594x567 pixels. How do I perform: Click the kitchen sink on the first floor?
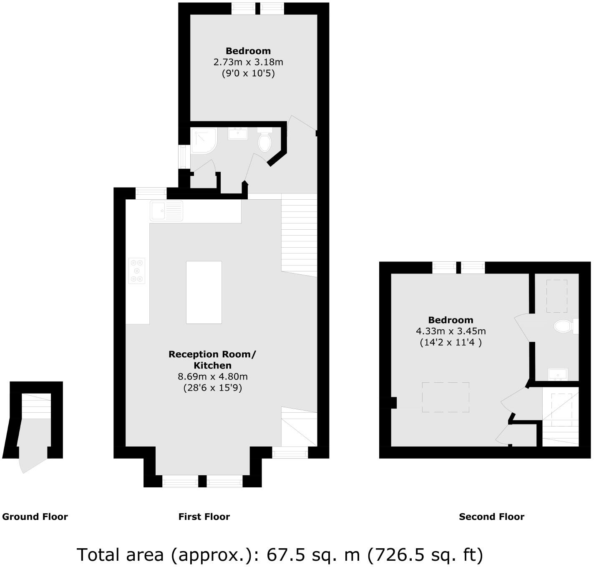point(166,211)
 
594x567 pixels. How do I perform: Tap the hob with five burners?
point(137,271)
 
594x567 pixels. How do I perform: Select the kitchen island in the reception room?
point(204,292)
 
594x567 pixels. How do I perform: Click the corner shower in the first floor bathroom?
point(204,140)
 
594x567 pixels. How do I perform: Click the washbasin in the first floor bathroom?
point(238,134)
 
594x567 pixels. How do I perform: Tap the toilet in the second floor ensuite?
point(564,326)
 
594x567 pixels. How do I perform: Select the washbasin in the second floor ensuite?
point(558,374)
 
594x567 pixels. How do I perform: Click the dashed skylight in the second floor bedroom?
point(445,397)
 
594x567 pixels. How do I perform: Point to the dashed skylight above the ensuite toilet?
point(556,296)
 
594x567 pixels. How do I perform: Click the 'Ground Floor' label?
point(35,517)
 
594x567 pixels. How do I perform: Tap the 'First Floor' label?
point(204,517)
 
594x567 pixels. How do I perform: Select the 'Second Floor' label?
point(491,517)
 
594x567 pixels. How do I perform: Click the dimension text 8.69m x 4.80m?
point(213,377)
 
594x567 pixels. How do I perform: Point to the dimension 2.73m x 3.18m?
point(248,63)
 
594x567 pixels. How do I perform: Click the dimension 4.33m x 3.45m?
point(451,331)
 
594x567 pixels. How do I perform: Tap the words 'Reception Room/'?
point(212,354)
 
